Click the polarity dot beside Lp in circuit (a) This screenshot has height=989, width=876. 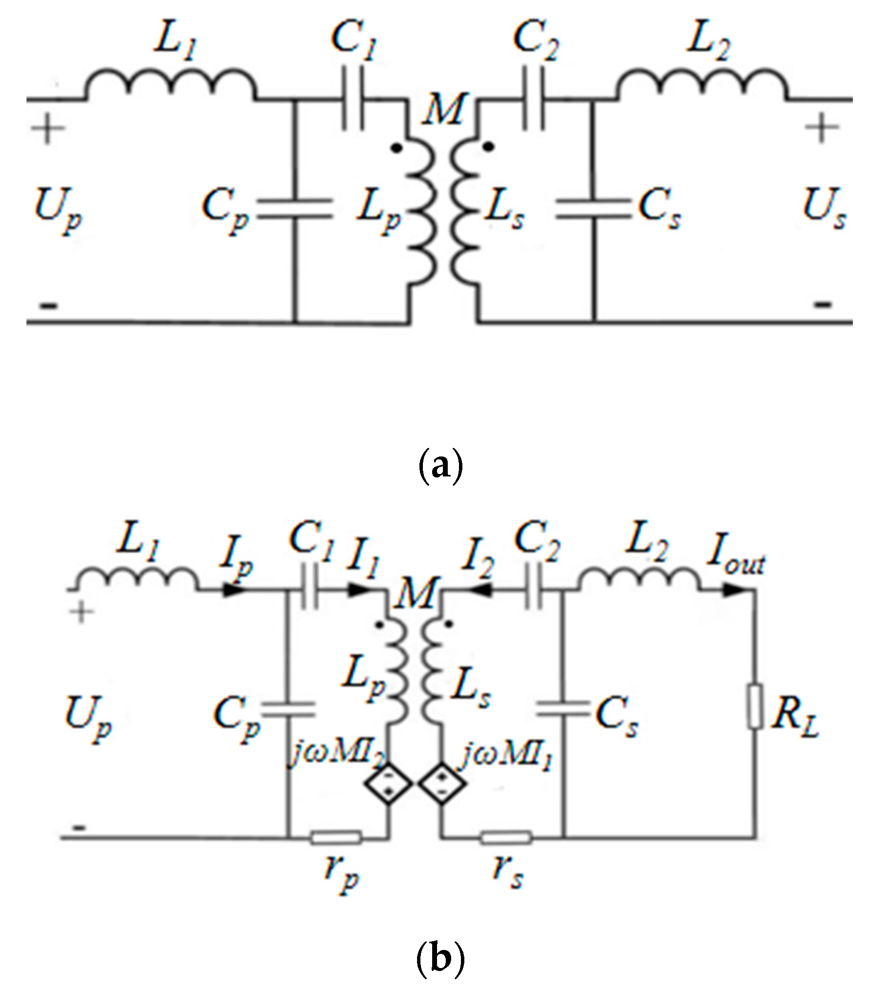pyautogui.click(x=398, y=149)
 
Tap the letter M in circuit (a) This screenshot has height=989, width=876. pyautogui.click(x=441, y=110)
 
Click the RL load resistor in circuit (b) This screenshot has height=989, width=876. pyautogui.click(x=755, y=707)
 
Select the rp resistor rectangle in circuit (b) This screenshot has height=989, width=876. pyautogui.click(x=336, y=838)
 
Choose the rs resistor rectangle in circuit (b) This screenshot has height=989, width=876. pyautogui.click(x=506, y=838)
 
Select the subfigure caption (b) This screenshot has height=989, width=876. pyautogui.click(x=440, y=959)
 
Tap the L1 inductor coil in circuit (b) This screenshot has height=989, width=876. pyautogui.click(x=137, y=578)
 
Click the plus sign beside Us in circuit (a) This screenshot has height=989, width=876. pyautogui.click(x=822, y=128)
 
